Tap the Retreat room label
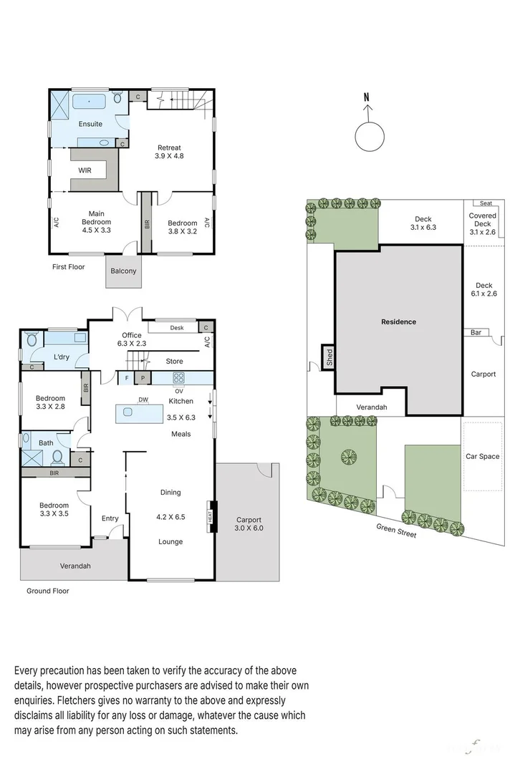170,152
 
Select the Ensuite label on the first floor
90,124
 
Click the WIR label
86,171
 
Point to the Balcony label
122,271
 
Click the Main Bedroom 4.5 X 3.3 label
97,222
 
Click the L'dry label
62,357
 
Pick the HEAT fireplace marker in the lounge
211,516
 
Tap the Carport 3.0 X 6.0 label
249,524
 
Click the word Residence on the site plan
398,322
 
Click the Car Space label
483,456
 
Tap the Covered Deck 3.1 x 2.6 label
483,223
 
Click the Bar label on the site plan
476,332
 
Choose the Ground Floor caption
48,591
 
